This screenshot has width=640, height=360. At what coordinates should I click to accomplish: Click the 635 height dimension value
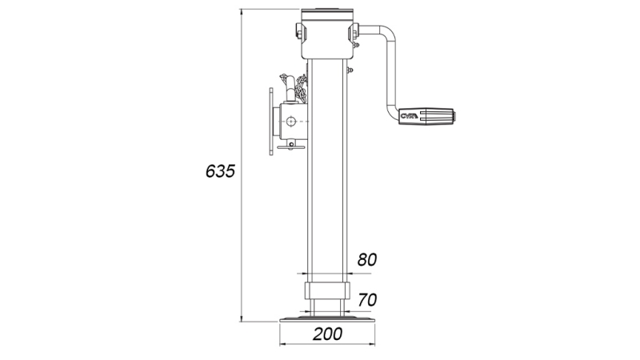click(219, 170)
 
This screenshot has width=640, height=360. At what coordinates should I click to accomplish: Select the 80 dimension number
click(367, 259)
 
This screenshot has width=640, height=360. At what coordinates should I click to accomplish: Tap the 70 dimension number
click(367, 300)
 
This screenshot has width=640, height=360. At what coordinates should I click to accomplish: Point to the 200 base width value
click(327, 334)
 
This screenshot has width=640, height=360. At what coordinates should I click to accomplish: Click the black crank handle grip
click(430, 117)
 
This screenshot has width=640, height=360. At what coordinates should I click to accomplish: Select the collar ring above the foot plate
click(326, 290)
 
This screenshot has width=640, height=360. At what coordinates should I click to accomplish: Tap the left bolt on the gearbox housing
click(299, 32)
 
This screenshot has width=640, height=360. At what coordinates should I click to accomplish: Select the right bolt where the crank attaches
click(354, 32)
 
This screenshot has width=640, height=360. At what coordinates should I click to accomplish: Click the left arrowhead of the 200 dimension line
click(282, 345)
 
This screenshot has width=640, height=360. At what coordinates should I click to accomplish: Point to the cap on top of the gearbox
click(326, 13)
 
